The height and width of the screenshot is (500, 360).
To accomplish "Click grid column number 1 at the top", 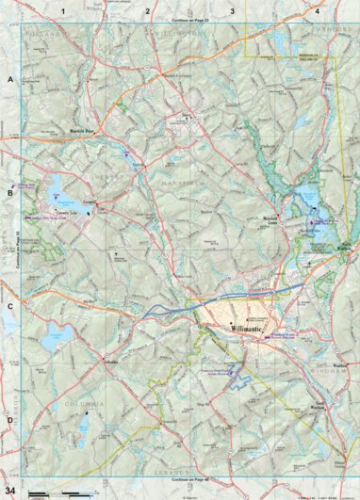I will pyautogui.click(x=63, y=11).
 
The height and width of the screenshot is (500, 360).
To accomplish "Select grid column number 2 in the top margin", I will pyautogui.click(x=148, y=11).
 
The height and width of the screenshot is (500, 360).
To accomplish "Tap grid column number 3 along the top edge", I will pyautogui.click(x=233, y=11).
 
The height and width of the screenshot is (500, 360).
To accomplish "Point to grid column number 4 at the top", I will pyautogui.click(x=318, y=11).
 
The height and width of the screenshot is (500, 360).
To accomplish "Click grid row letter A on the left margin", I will pyautogui.click(x=9, y=82).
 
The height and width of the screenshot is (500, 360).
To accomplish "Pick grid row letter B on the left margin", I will pyautogui.click(x=9, y=193).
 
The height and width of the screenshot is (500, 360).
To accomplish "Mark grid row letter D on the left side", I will pyautogui.click(x=9, y=420).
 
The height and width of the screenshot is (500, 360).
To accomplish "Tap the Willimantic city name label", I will pyautogui.click(x=250, y=329).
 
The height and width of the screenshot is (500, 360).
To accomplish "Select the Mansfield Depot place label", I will pyautogui.click(x=86, y=131).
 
